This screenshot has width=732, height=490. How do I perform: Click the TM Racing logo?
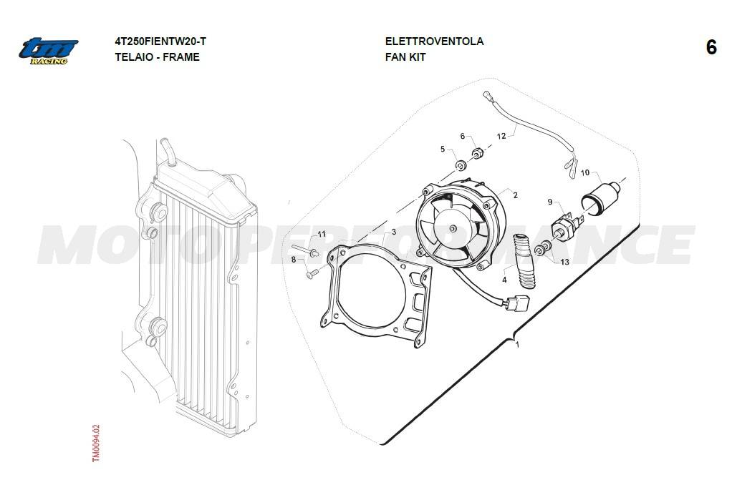tap(48, 51)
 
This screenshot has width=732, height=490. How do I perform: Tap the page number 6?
tap(711, 47)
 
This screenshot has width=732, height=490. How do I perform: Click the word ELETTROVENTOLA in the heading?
tap(434, 41)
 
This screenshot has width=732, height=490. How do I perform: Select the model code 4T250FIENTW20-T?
tap(160, 41)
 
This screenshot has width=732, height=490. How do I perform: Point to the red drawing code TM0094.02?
tap(96, 443)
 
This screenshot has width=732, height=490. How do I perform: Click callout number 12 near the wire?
tap(501, 136)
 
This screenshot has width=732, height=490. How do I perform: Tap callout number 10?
tap(585, 173)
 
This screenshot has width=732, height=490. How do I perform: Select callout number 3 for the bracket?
tap(393, 232)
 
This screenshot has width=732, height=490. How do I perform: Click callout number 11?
tap(322, 234)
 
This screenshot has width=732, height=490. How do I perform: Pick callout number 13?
tap(565, 262)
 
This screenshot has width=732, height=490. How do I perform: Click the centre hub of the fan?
tap(454, 228)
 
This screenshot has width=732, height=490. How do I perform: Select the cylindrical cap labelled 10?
tap(600, 197)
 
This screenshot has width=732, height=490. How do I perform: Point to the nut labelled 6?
tap(476, 153)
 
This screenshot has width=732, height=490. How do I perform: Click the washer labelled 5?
tap(461, 165)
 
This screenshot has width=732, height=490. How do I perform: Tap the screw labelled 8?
tap(312, 274)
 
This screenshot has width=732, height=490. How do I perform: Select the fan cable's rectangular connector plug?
tap(517, 303)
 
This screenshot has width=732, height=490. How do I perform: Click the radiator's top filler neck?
tap(167, 152)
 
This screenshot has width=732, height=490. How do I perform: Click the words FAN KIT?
tap(405, 57)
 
